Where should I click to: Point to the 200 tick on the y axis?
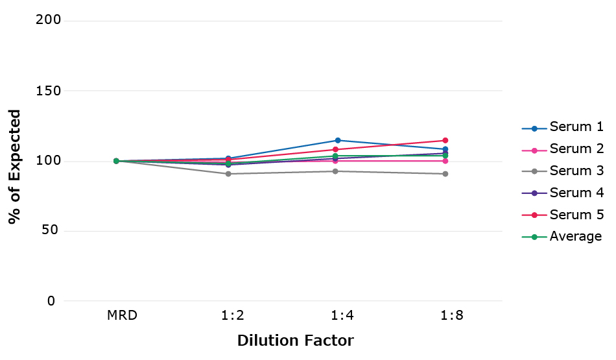coord(49,20)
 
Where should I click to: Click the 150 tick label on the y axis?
coord(49,91)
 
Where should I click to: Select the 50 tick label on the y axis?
coord(53,231)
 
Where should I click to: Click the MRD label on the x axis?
coord(123,316)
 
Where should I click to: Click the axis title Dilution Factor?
coord(295,341)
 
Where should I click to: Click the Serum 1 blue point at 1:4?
coord(338,140)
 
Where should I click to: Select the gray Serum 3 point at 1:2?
coord(228,174)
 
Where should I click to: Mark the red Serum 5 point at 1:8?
coord(445,140)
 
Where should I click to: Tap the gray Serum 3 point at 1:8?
coord(445,174)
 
